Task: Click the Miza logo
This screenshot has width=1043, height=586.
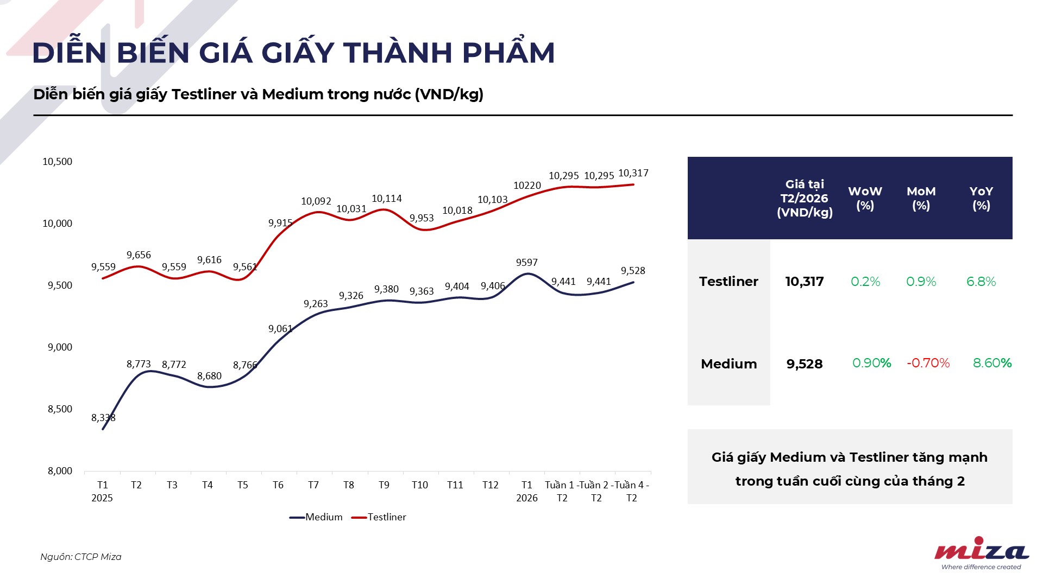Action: pyautogui.click(x=981, y=552)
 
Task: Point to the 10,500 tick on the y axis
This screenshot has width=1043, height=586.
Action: pyautogui.click(x=57, y=162)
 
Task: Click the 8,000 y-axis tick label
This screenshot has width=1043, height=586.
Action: pyautogui.click(x=60, y=471)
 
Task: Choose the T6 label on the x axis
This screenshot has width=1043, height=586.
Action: pyautogui.click(x=278, y=485)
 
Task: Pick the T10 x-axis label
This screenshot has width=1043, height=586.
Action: pyautogui.click(x=419, y=485)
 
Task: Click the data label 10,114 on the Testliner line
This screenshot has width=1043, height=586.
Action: pyautogui.click(x=387, y=199)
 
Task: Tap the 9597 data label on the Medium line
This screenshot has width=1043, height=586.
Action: pyautogui.click(x=527, y=263)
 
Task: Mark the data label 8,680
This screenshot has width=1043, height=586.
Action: pyautogui.click(x=209, y=376)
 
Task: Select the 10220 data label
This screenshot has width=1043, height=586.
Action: pyautogui.click(x=527, y=186)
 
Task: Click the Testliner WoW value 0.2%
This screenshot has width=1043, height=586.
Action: pyautogui.click(x=865, y=282)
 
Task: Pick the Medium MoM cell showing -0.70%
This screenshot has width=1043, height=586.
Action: pyautogui.click(x=928, y=363)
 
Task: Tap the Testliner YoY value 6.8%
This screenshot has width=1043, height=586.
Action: pyautogui.click(x=981, y=282)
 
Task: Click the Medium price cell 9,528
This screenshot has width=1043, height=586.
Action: pyautogui.click(x=805, y=364)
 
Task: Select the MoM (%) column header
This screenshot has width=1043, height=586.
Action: pyautogui.click(x=921, y=199)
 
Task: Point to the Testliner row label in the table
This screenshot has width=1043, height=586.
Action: pyautogui.click(x=728, y=282)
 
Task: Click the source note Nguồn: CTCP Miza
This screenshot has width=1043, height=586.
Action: pyautogui.click(x=81, y=557)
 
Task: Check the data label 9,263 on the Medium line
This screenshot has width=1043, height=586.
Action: pyautogui.click(x=316, y=304)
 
